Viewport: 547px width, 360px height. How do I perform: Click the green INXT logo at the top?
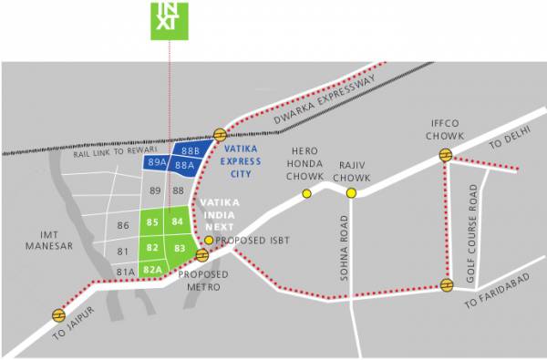pyautogui.click(x=168, y=19)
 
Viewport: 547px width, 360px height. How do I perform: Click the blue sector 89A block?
pyautogui.click(x=156, y=161)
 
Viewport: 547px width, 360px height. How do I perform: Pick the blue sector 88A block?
pyautogui.click(x=183, y=166)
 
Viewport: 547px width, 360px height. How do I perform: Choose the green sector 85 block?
pyautogui.click(x=152, y=222)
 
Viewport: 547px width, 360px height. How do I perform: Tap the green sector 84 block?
pyautogui.click(x=178, y=221)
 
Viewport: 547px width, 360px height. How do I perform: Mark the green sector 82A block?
pyautogui.click(x=152, y=268)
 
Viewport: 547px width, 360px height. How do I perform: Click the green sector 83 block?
pyautogui.click(x=180, y=248)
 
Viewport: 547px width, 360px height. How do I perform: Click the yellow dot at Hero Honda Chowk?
pyautogui.click(x=306, y=193)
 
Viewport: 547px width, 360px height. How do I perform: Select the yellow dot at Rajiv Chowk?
pyautogui.click(x=351, y=193)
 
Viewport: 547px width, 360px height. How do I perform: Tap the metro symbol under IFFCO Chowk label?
pyautogui.click(x=445, y=155)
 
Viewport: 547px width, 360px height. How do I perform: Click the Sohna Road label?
pyautogui.click(x=345, y=251)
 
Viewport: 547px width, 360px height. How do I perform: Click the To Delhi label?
pyautogui.click(x=509, y=143)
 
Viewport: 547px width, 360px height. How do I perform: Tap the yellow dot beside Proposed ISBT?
pyautogui.click(x=209, y=240)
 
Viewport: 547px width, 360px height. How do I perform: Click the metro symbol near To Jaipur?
pyautogui.click(x=58, y=315)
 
